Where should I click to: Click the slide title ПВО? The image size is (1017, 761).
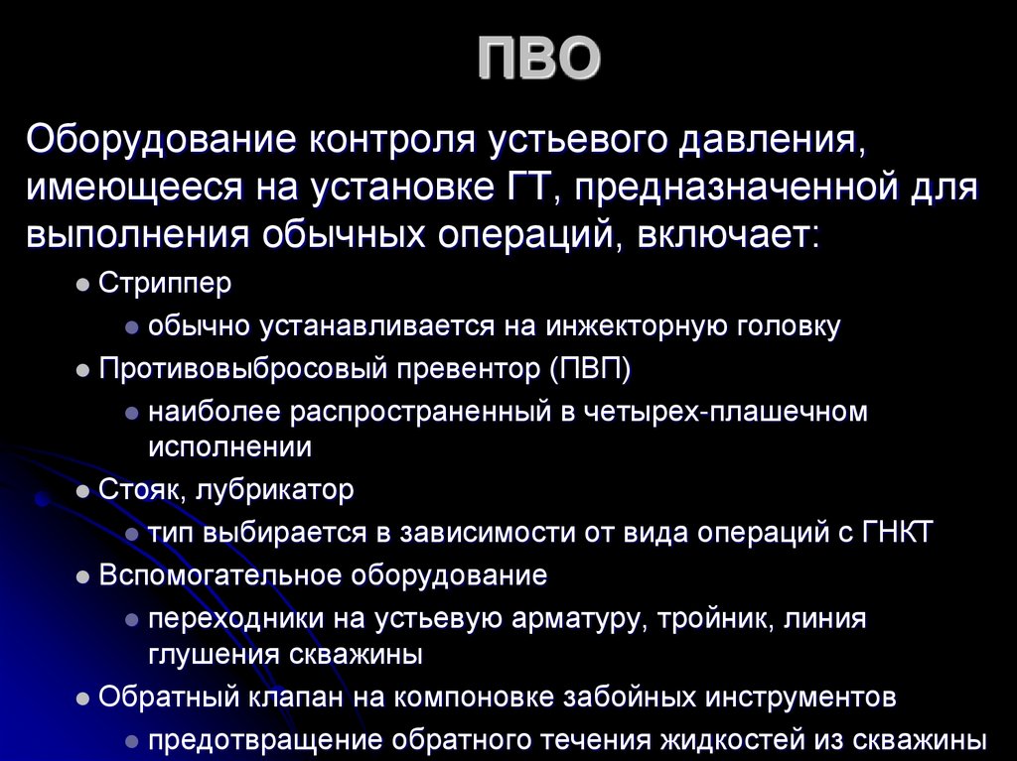tap(539, 59)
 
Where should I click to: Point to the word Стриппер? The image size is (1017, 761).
tap(165, 283)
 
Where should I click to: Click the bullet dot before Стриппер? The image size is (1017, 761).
tap(83, 285)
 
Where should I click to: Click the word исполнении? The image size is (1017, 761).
tap(230, 447)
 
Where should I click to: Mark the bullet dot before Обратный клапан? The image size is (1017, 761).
tap(83, 698)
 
